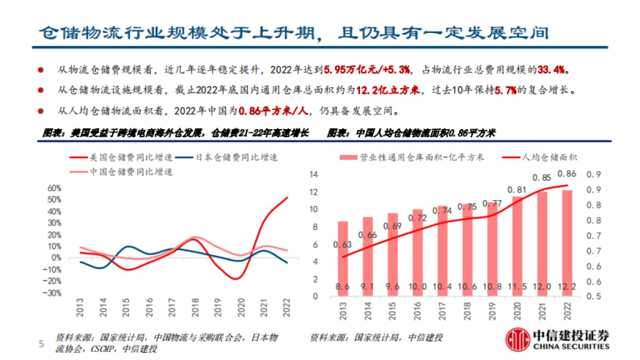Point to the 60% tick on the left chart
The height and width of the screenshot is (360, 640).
pos(55,188)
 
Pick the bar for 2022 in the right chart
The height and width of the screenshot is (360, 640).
pos(567,243)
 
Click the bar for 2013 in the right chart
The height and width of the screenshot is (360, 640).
pos(343,259)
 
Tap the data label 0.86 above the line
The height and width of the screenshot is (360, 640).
pos(566,174)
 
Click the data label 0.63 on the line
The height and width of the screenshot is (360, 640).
pos(343,245)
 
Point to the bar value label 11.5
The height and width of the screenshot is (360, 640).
pos(517,286)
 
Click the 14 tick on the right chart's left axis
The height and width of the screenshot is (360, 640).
pos(314,174)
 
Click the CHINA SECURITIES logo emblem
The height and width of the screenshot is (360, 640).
pos(517,340)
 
